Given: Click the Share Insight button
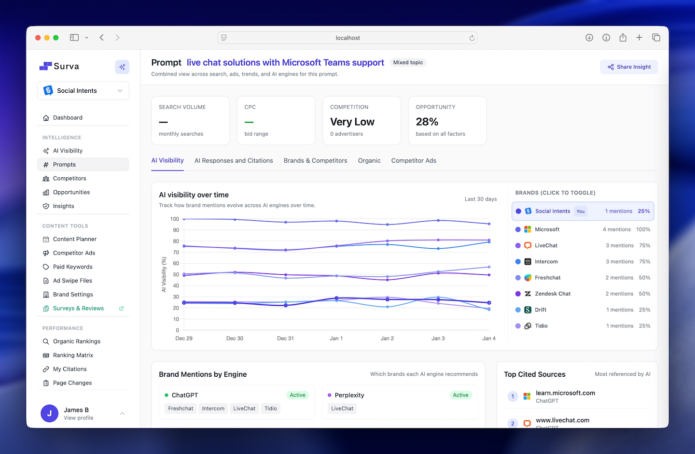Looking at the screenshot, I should pos(629,67).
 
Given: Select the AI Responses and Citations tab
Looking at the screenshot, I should pos(234,161).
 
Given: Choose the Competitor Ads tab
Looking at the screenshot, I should pos(414,161).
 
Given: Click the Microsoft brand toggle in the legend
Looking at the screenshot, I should pos(547,229).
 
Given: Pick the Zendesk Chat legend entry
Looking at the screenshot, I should pos(552,294).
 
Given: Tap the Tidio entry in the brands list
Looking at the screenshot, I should pos(541,326).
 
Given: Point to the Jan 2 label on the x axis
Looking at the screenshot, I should pos(387,339).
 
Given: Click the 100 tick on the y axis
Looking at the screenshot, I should pos(174,219).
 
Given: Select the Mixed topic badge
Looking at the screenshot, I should pos(408,62).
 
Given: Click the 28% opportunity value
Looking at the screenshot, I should pos(427,122).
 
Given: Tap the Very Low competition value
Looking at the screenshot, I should pos(352,122).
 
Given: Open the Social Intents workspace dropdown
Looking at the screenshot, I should pos(83,91).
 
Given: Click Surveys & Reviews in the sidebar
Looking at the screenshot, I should pos(78,309).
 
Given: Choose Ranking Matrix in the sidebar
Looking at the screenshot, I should pos(73,355).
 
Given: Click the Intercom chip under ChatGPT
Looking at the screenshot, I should pos(213,409).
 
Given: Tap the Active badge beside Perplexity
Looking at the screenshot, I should pos(460,395).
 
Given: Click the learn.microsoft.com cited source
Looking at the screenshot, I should pos(565,393).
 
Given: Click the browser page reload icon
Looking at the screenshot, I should pos(472,38).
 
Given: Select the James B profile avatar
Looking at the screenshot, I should pos(49,413).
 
